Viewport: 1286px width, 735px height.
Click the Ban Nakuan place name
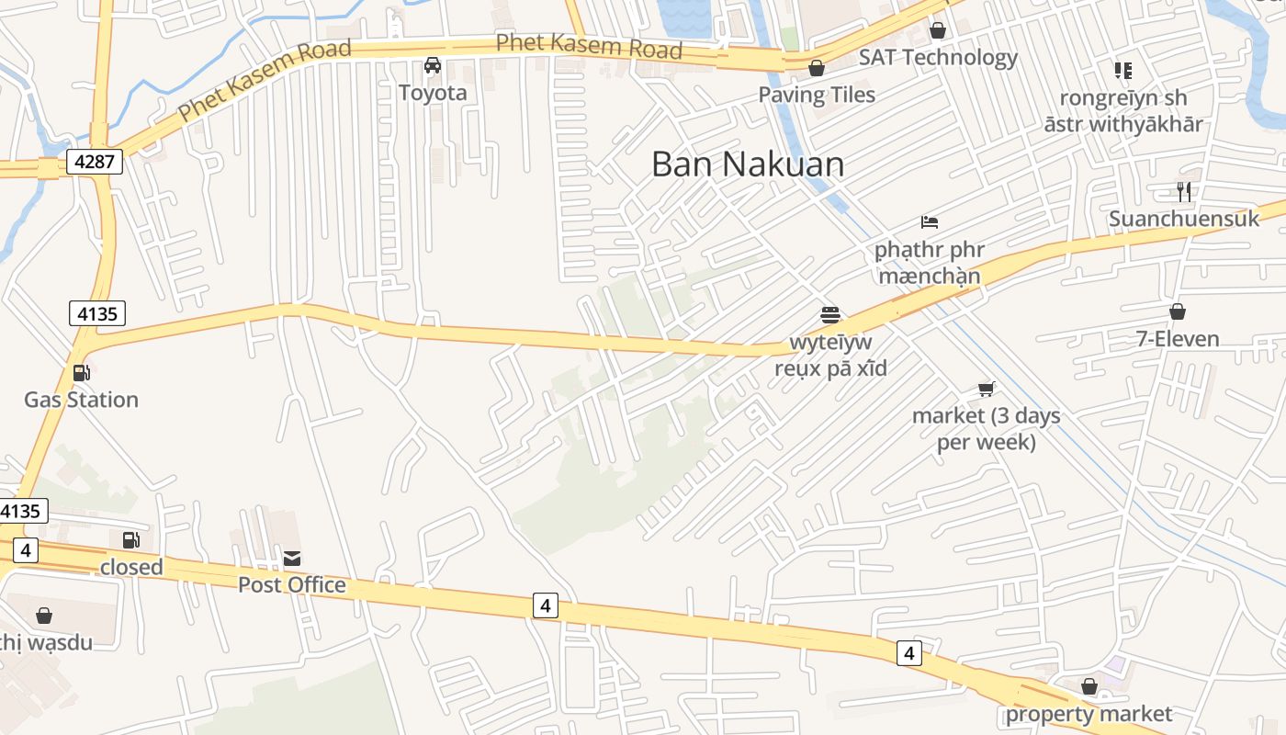click(x=747, y=164)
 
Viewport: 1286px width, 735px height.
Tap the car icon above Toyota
click(x=433, y=65)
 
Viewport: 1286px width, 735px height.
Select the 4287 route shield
click(x=94, y=163)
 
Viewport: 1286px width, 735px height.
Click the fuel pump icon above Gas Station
click(x=81, y=372)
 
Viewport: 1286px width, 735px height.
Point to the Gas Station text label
click(x=81, y=400)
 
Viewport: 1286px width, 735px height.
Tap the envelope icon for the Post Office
click(x=292, y=558)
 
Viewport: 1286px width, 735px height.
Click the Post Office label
click(x=292, y=585)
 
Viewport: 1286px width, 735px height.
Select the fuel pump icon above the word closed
click(x=131, y=540)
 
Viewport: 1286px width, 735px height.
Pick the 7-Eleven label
click(x=1178, y=339)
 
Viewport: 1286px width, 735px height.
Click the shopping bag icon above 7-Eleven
click(x=1178, y=312)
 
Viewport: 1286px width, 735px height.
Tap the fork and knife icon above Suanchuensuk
click(x=1184, y=191)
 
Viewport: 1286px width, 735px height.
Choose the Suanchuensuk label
click(x=1184, y=219)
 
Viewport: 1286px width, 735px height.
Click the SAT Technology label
click(x=938, y=58)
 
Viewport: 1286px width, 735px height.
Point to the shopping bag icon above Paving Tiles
click(x=816, y=68)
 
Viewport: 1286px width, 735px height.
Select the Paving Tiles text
click(x=816, y=95)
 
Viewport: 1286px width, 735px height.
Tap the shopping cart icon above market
click(x=987, y=389)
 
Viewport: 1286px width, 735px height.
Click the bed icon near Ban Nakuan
click(x=930, y=222)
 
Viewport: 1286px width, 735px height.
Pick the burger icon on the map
click(x=830, y=315)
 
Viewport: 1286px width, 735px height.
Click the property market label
click(x=1089, y=714)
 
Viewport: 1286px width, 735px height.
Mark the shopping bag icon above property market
click(x=1089, y=686)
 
